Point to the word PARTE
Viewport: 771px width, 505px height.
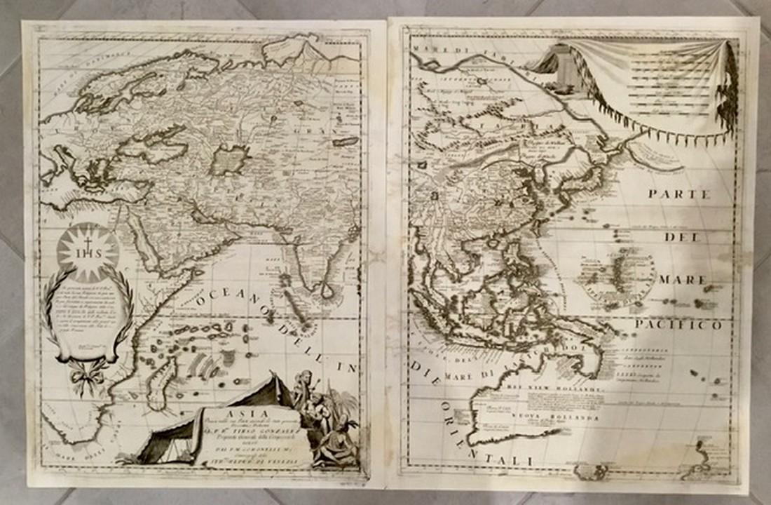[x=678, y=194]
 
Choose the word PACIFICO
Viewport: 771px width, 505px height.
[x=678, y=325]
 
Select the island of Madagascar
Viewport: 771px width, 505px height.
[x=162, y=382]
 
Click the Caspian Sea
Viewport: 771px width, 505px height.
[x=230, y=160]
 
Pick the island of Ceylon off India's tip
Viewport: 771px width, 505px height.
[x=327, y=288]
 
